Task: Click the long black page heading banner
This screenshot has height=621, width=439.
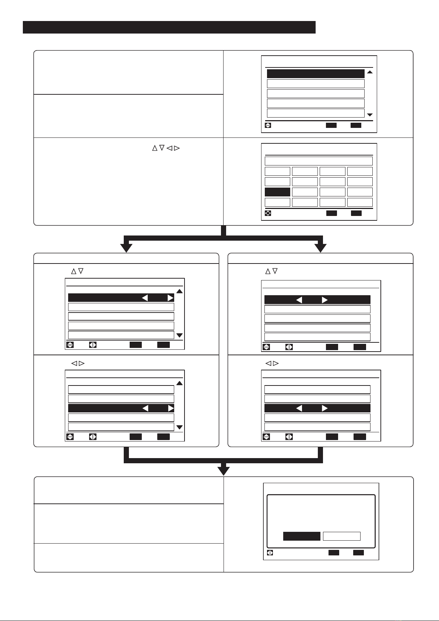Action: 169,27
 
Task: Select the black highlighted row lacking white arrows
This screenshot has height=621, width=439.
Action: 316,73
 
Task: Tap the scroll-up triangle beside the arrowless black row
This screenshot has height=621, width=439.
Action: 370,72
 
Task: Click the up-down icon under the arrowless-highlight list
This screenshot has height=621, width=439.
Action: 268,125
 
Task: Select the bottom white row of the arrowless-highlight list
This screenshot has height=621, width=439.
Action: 316,113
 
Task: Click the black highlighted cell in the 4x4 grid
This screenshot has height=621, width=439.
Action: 277,192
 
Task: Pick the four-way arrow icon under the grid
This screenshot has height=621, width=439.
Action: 268,213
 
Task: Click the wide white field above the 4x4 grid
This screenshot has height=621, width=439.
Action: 319,161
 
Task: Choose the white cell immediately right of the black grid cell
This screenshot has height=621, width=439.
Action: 305,192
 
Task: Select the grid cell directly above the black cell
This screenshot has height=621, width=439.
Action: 277,181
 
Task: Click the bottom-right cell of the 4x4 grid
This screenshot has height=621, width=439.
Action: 360,202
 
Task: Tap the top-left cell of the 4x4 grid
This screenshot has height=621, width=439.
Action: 277,171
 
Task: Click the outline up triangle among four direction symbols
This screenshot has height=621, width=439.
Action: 155,148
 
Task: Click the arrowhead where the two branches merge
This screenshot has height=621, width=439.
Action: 224,471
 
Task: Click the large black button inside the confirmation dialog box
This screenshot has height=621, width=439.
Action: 302,536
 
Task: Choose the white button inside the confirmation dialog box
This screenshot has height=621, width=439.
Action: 341,536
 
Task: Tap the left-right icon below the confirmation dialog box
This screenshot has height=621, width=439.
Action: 270,553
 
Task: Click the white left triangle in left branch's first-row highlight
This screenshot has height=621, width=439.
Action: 145,298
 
